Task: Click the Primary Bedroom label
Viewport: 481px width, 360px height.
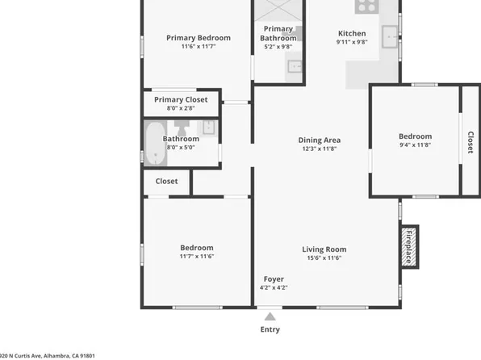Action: point(198,37)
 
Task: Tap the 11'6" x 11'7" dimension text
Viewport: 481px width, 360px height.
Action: point(198,47)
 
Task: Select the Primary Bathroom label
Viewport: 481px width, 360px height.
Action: point(278,33)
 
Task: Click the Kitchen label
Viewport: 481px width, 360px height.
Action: point(351,33)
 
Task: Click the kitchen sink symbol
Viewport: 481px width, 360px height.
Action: point(391,34)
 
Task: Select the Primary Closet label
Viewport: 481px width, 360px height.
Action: point(181,99)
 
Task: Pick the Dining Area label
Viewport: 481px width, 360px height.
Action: point(320,140)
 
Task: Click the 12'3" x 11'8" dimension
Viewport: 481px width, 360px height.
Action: point(320,149)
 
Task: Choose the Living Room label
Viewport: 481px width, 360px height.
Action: point(324,249)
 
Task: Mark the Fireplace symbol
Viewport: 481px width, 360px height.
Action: point(409,247)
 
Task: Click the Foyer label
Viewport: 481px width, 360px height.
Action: point(274,279)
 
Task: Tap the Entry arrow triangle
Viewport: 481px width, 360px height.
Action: point(270,316)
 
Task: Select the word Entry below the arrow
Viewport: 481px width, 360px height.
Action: point(270,329)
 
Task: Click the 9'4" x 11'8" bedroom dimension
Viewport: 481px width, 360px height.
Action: point(415,145)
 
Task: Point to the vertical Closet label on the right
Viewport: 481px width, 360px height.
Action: point(470,142)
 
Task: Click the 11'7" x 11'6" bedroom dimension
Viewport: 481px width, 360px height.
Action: point(196,257)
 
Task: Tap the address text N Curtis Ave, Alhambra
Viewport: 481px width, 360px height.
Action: point(48,355)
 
